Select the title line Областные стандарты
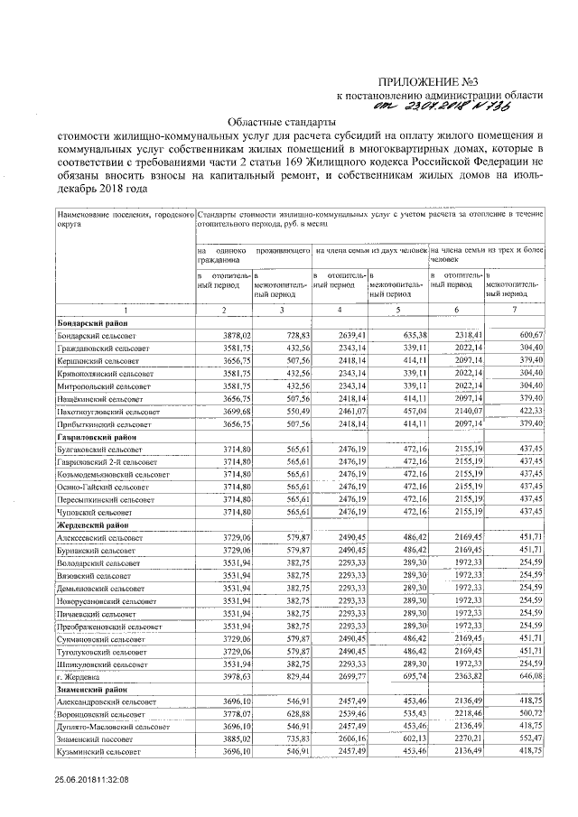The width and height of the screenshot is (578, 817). click(278, 120)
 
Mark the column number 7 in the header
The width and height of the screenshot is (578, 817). click(512, 311)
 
